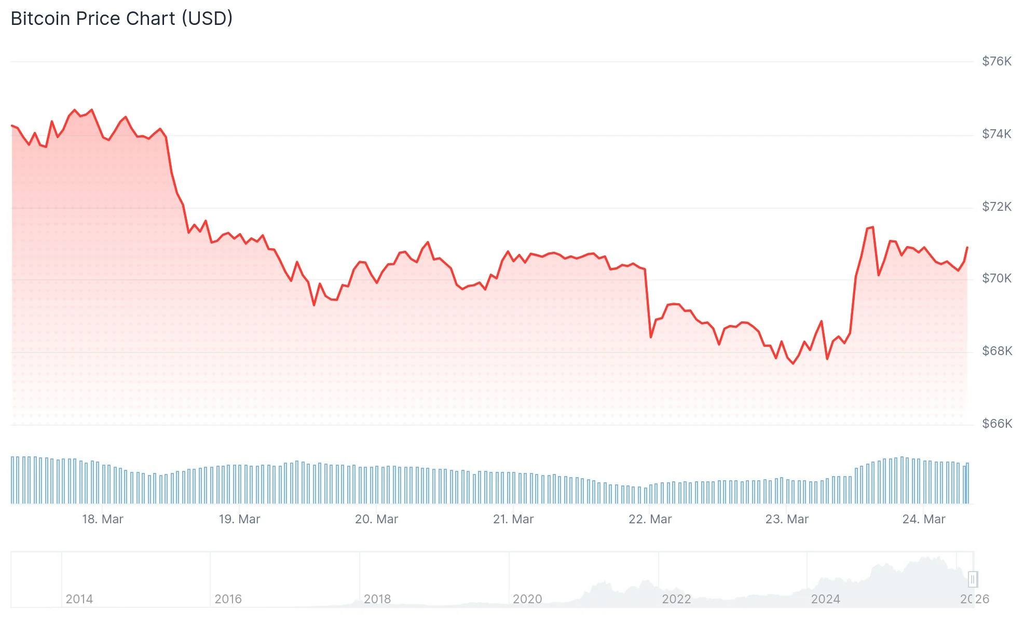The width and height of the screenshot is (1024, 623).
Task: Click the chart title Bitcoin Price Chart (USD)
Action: pyautogui.click(x=121, y=19)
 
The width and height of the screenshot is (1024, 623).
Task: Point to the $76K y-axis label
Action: pyautogui.click(x=996, y=61)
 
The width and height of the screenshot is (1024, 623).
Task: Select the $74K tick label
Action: pyautogui.click(x=996, y=134)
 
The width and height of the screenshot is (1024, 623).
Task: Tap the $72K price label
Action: pyautogui.click(x=996, y=207)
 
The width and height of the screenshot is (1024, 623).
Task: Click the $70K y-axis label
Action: pyautogui.click(x=996, y=278)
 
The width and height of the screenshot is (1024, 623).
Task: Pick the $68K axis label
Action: pyautogui.click(x=996, y=351)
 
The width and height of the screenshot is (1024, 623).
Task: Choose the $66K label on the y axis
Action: pyautogui.click(x=996, y=424)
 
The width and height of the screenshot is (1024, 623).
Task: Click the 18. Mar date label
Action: pyautogui.click(x=103, y=519)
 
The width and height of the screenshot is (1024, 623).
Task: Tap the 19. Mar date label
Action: pyautogui.click(x=239, y=519)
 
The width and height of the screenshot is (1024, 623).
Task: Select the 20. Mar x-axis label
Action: pyautogui.click(x=376, y=519)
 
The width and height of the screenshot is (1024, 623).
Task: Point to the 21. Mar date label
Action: pyautogui.click(x=513, y=519)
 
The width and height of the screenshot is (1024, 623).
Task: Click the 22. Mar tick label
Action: pyautogui.click(x=650, y=519)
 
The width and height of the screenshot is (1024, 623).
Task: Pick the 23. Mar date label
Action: pyautogui.click(x=787, y=519)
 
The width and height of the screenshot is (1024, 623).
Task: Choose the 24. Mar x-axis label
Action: pyautogui.click(x=924, y=519)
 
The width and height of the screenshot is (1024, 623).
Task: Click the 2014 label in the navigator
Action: pyautogui.click(x=79, y=599)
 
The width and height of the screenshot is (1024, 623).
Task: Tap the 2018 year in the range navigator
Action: pyautogui.click(x=377, y=599)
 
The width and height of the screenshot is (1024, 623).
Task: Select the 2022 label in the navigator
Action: pyautogui.click(x=676, y=599)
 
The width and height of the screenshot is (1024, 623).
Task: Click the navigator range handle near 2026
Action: pyautogui.click(x=973, y=579)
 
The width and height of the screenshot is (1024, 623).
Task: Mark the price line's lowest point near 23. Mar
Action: pyautogui.click(x=793, y=363)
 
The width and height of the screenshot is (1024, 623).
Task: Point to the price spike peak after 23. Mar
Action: pyautogui.click(x=872, y=227)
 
